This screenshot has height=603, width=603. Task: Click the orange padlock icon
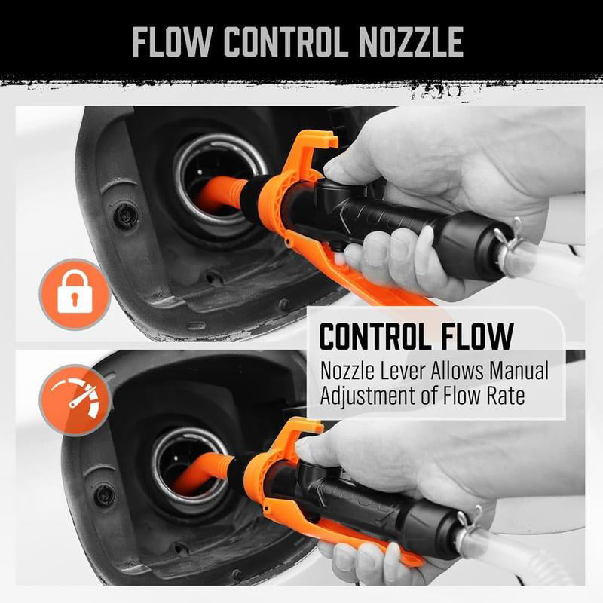[x=75, y=294]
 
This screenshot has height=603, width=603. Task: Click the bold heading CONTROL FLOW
[x=416, y=336]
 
